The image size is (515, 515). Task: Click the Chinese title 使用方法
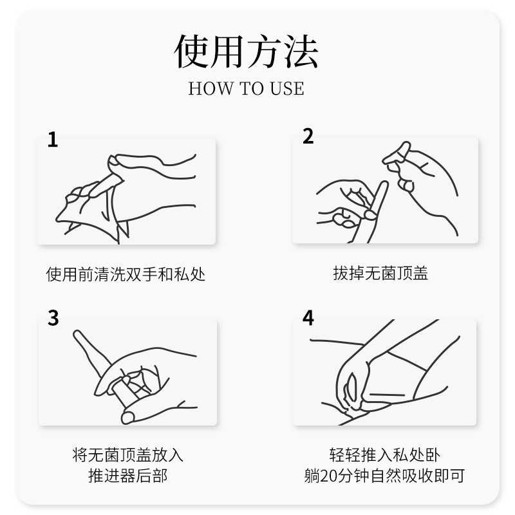pyautogui.click(x=246, y=51)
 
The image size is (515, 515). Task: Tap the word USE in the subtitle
pyautogui.click(x=287, y=88)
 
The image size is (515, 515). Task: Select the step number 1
pyautogui.click(x=53, y=140)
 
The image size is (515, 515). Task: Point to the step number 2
pyautogui.click(x=308, y=136)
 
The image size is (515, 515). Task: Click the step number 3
pyautogui.click(x=53, y=317)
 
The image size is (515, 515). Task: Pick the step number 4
pyautogui.click(x=308, y=317)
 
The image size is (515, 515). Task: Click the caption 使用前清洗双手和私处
pyautogui.click(x=126, y=274)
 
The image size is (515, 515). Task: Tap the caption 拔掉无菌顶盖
pyautogui.click(x=380, y=273)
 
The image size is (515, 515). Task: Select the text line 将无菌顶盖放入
pyautogui.click(x=127, y=455)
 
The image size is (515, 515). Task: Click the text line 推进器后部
pyautogui.click(x=127, y=476)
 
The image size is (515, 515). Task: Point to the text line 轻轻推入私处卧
pyautogui.click(x=384, y=455)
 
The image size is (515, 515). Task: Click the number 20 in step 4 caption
pyautogui.click(x=329, y=476)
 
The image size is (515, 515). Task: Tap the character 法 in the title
pyautogui.click(x=301, y=51)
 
